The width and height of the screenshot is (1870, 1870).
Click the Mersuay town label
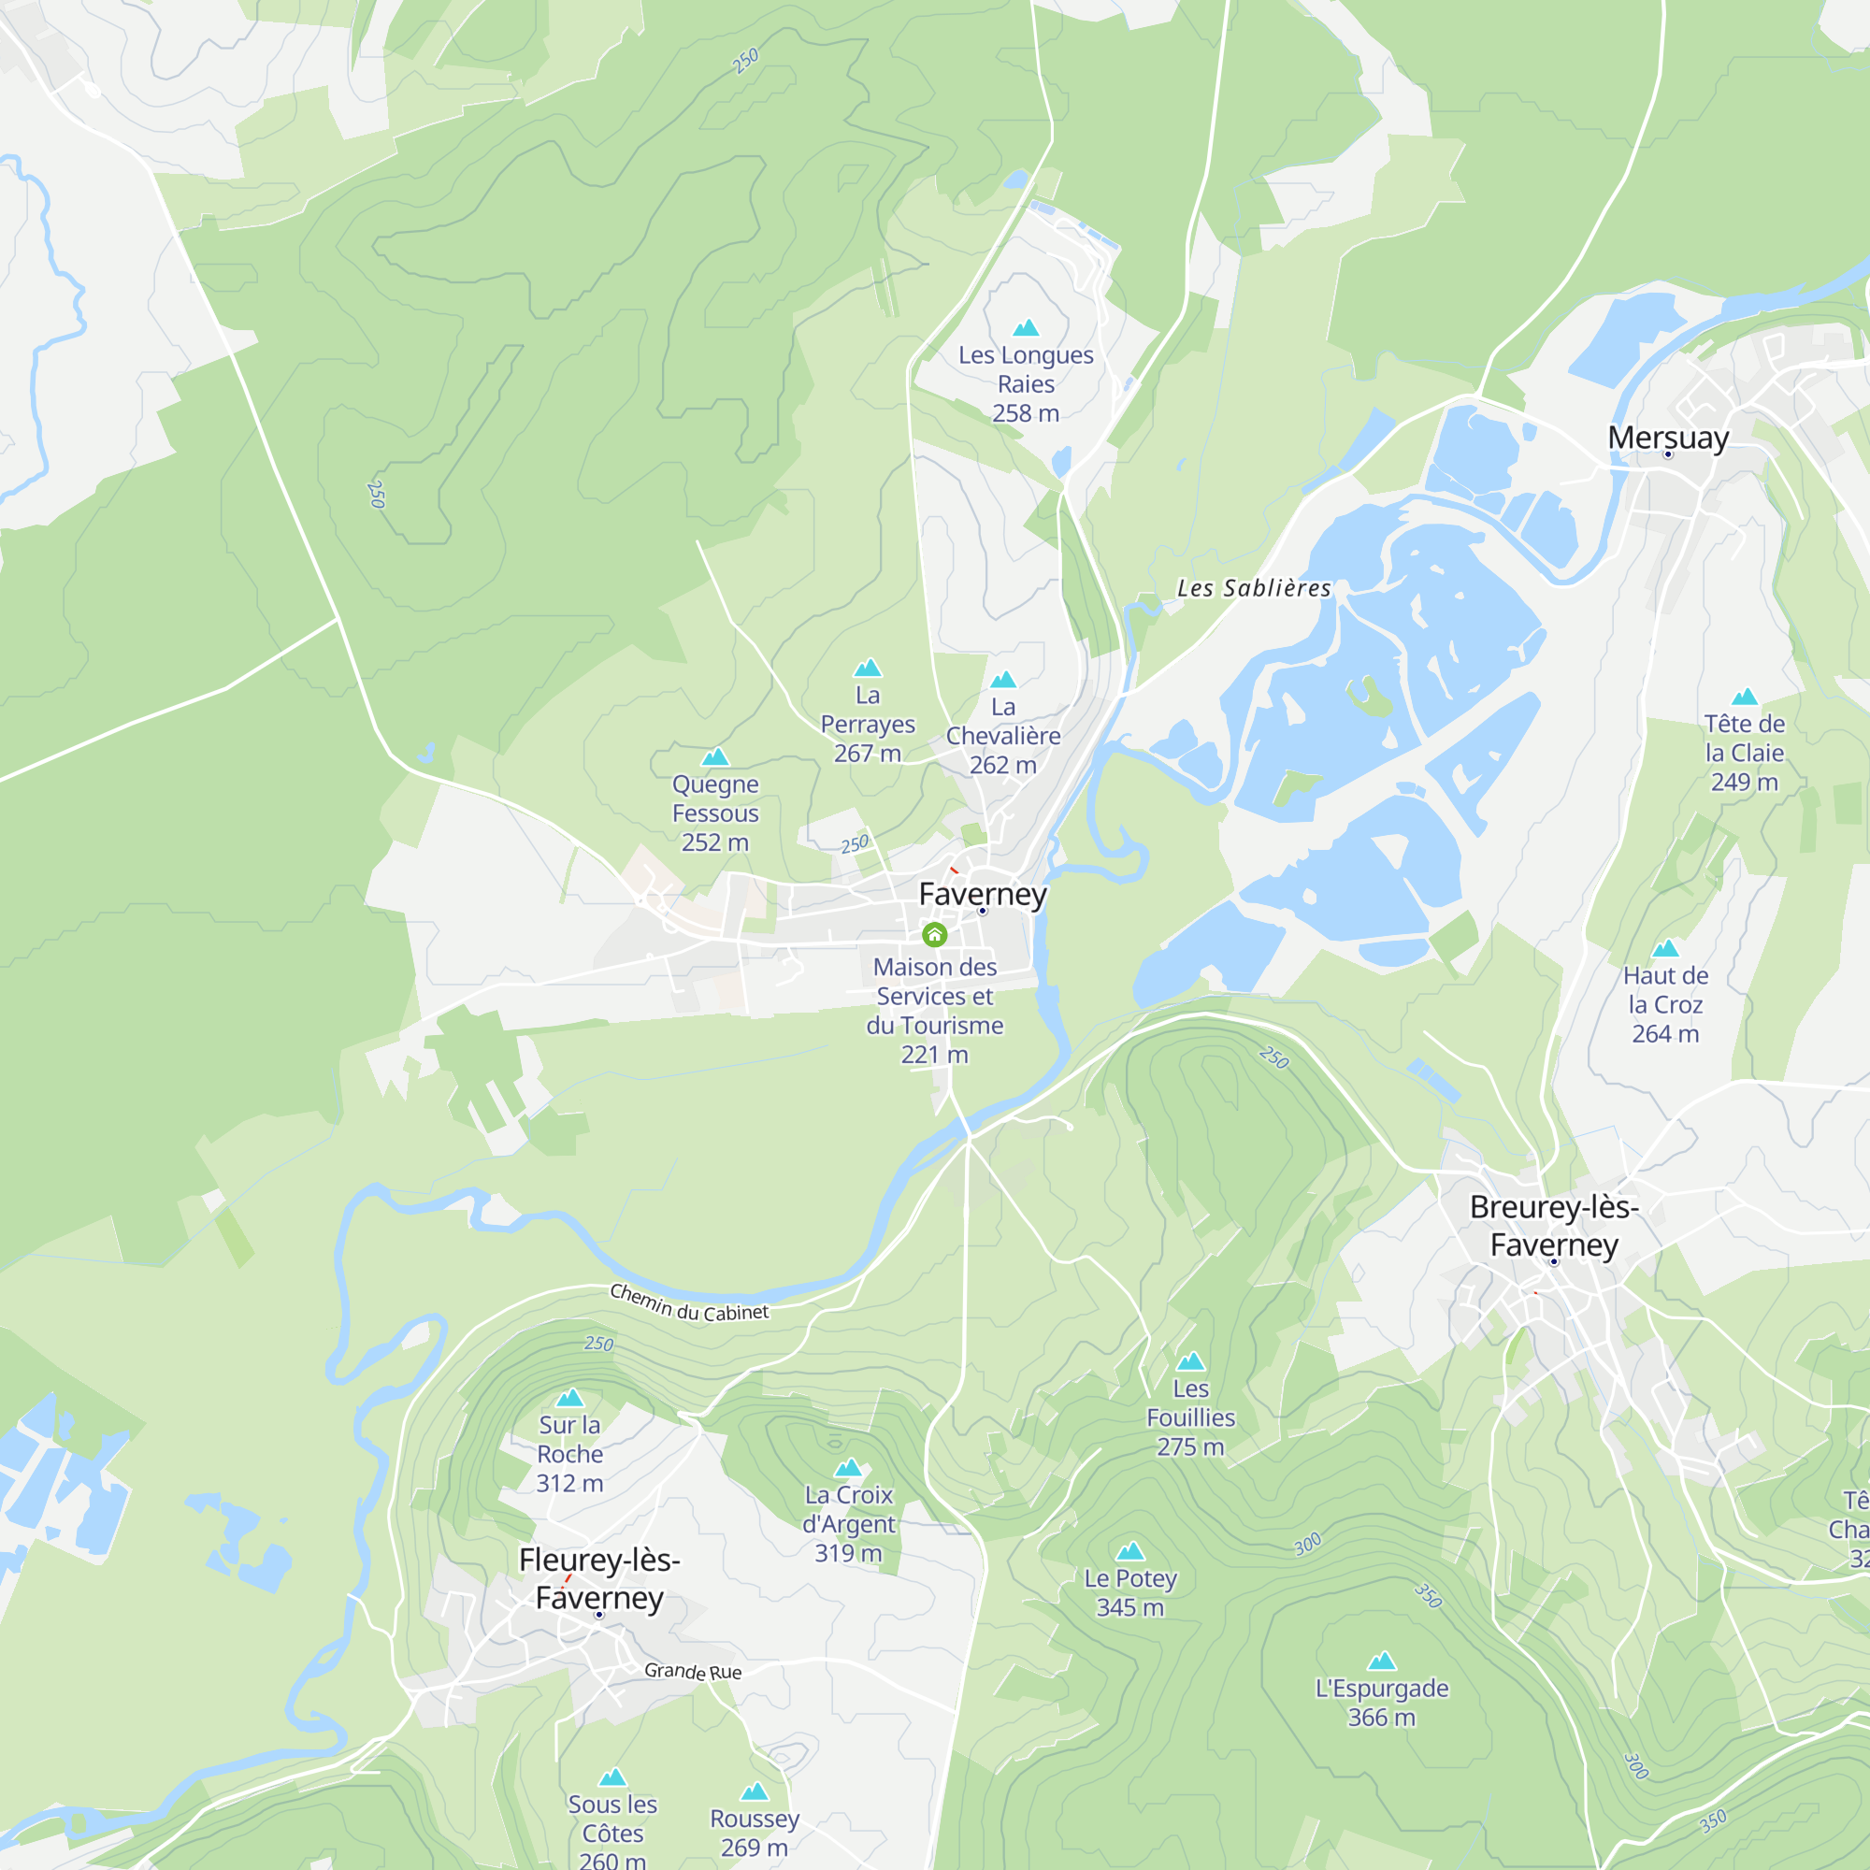click(x=1668, y=438)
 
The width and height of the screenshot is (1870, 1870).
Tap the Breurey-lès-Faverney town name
click(x=1553, y=1226)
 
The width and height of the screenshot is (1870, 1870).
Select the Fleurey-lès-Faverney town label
click(x=599, y=1577)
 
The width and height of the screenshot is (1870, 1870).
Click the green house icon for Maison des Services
click(x=934, y=934)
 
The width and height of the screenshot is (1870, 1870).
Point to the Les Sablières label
click(x=1254, y=587)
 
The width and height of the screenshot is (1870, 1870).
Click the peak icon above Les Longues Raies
click(x=1026, y=328)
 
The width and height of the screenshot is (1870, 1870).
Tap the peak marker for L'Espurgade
click(x=1381, y=1661)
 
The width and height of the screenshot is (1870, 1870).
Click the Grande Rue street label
click(x=693, y=1671)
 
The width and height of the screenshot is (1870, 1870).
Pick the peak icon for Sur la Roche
click(x=570, y=1398)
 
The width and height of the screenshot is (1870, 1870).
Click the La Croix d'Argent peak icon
click(x=848, y=1467)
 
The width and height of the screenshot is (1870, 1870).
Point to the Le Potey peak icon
click(x=1129, y=1551)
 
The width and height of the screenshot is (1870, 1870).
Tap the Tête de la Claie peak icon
click(x=1744, y=697)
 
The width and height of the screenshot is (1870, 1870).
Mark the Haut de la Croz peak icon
click(x=1665, y=948)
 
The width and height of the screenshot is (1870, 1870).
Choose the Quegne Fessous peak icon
click(x=715, y=757)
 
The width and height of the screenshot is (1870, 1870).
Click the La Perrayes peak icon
click(x=868, y=668)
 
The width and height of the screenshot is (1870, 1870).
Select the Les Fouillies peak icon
click(x=1189, y=1362)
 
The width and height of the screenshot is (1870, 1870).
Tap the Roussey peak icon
click(x=754, y=1791)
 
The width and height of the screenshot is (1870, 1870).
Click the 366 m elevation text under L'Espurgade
click(x=1381, y=1717)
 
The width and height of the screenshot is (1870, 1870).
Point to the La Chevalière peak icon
click(x=1002, y=680)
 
